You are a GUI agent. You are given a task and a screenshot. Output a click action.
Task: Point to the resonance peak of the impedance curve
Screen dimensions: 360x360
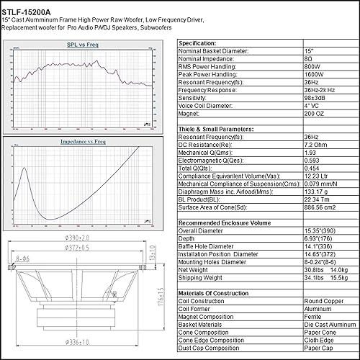(24, 169)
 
